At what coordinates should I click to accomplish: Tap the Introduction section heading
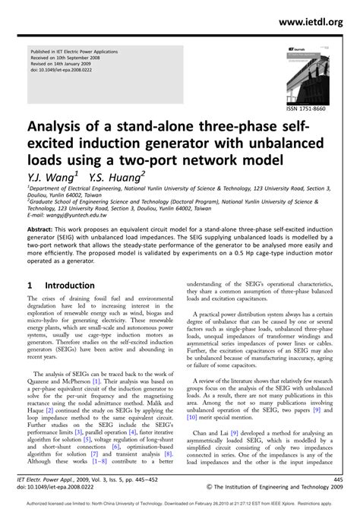coord(70,286)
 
